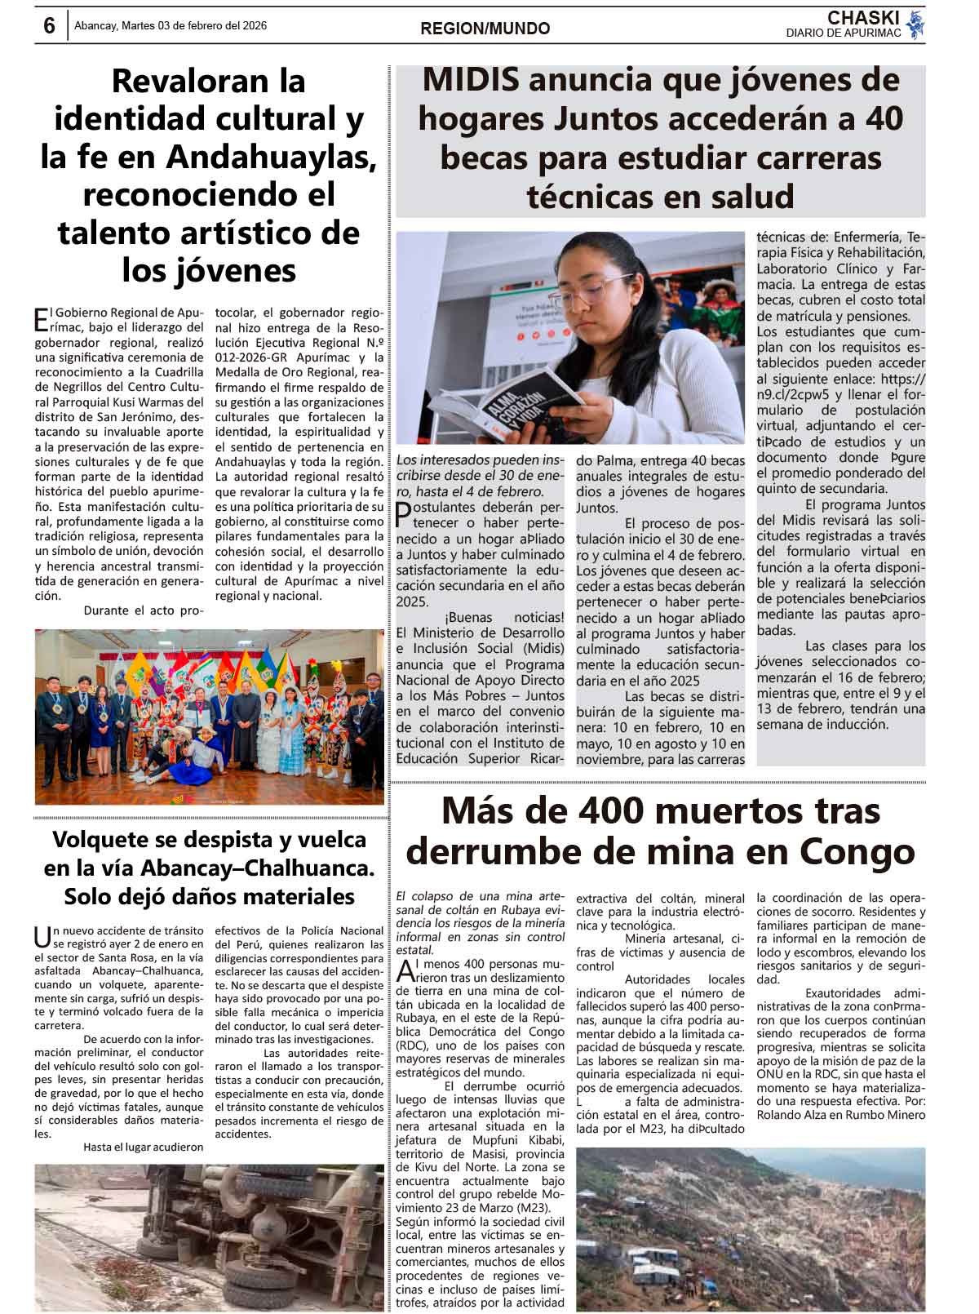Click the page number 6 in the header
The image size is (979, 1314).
(49, 26)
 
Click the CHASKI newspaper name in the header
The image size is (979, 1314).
(863, 18)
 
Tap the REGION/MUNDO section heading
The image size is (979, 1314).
(485, 29)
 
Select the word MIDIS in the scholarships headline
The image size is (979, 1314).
(471, 80)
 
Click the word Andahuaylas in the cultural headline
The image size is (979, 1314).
(271, 157)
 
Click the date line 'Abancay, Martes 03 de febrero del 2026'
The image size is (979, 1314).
(170, 26)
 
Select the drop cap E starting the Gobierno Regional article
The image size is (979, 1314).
(40, 318)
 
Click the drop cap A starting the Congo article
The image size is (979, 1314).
(405, 971)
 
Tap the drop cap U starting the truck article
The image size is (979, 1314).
(42, 937)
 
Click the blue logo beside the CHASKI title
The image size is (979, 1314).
(916, 24)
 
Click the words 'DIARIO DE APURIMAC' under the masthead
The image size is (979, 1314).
(844, 33)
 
